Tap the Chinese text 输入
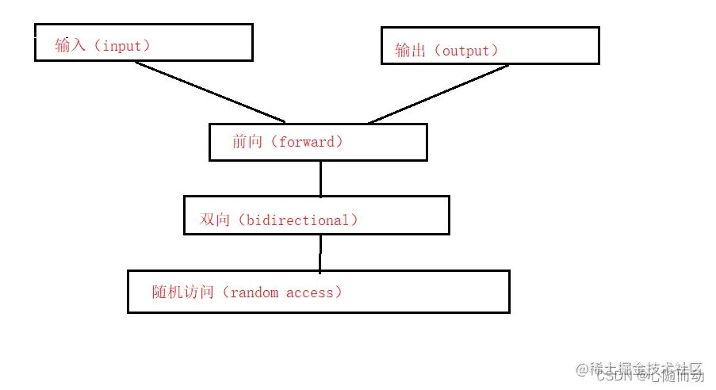coord(70,46)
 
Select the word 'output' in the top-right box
coord(465,51)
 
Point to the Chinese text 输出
coord(410,51)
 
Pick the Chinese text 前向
coord(247,143)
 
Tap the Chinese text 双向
coord(214,220)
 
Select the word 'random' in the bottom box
coord(254,292)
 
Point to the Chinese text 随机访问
coord(182,292)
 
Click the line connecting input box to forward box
coord(210,92)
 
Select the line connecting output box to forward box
coord(438,94)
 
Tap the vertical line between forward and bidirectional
coord(320,178)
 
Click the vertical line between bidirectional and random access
coord(320,252)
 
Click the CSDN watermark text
coord(613,377)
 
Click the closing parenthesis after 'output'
coord(494,51)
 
